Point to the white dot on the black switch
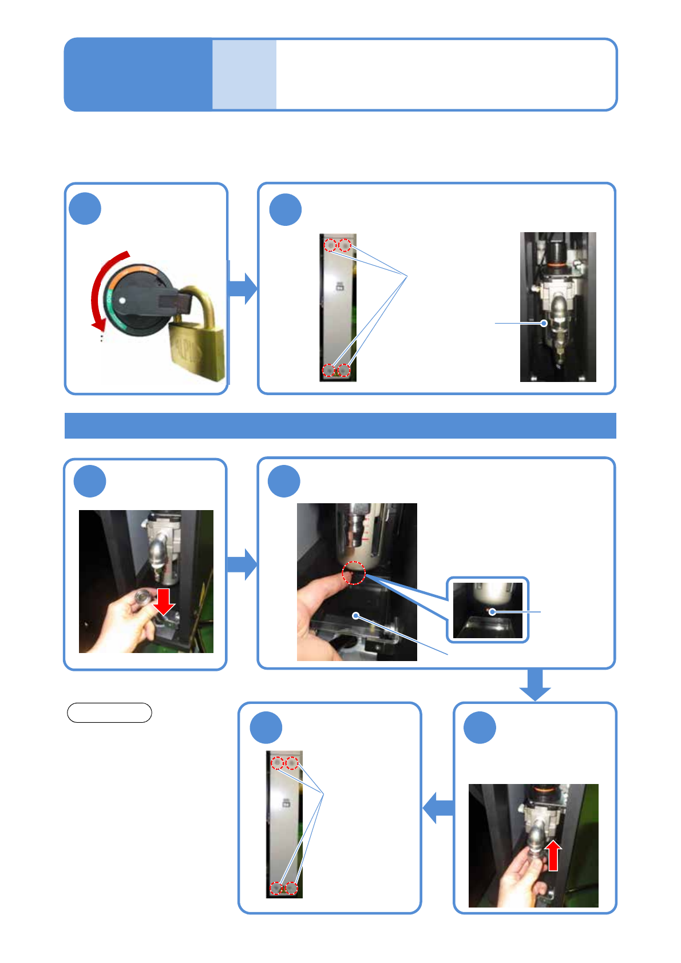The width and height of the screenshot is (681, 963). click(x=121, y=299)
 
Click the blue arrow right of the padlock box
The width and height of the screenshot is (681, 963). click(x=243, y=288)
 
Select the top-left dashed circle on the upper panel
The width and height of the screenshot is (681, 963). click(x=330, y=245)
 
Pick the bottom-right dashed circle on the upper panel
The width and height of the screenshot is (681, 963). click(x=343, y=370)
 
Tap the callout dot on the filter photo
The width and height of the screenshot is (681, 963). click(x=544, y=323)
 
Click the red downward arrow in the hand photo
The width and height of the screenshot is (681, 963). click(x=164, y=600)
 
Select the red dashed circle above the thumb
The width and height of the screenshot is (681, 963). click(x=354, y=573)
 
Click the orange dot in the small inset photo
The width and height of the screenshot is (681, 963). click(x=491, y=612)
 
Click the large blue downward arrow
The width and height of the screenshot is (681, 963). click(x=535, y=685)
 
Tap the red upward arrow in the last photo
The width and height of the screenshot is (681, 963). click(x=553, y=856)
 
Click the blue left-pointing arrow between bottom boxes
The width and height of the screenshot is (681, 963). click(x=438, y=807)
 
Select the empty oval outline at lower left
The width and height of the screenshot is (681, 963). click(x=109, y=713)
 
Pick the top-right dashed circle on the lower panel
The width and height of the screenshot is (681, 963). click(x=292, y=763)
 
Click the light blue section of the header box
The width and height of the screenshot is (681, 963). click(x=244, y=74)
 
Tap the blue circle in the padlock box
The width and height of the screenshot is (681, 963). click(x=85, y=209)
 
